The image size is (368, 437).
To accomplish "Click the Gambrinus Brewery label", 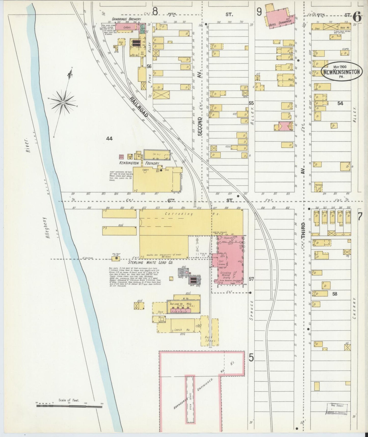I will point(127,19).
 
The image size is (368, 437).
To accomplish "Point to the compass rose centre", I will point(62,102).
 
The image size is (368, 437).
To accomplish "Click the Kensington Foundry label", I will point(139,163).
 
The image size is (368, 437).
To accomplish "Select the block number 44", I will point(110,138).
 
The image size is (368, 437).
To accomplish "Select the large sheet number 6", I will point(357,17).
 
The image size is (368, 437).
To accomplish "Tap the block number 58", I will point(334,294).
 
